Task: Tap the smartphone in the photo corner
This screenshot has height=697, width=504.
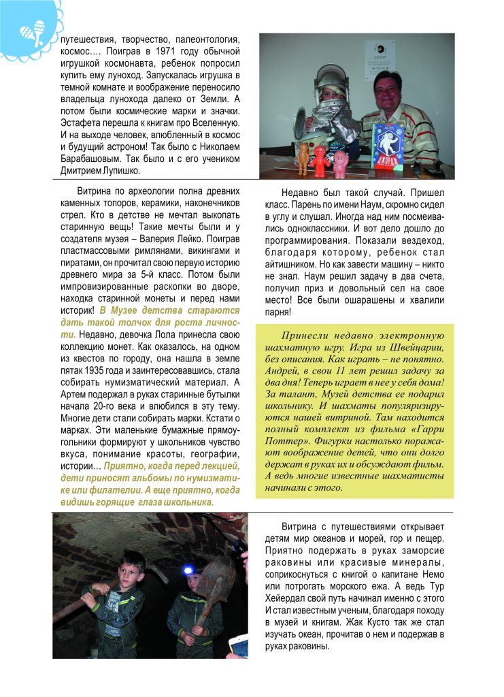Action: tap(237, 646)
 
